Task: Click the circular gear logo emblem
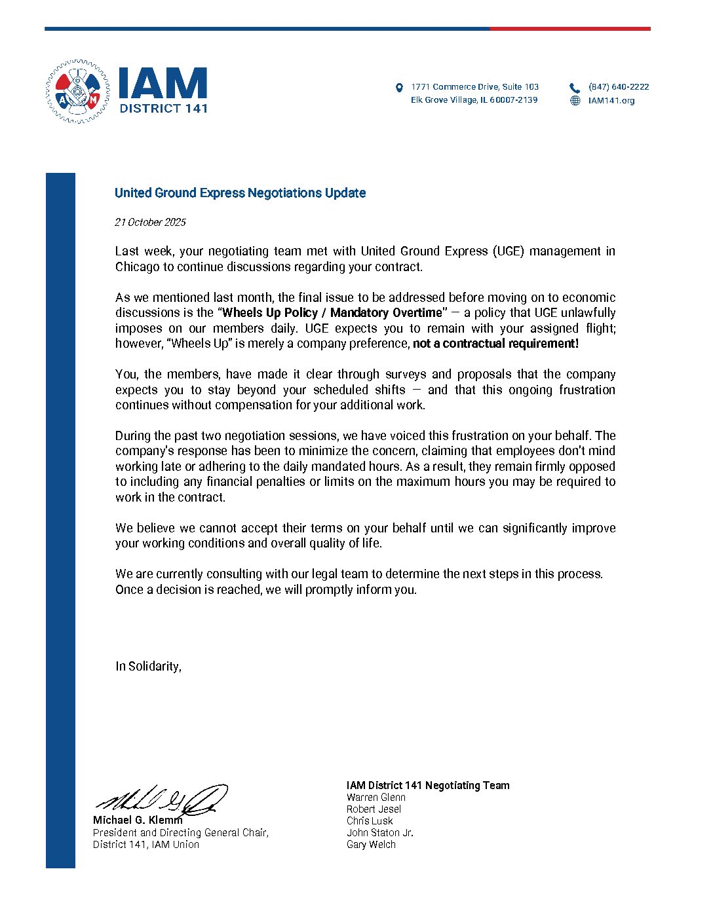point(77,92)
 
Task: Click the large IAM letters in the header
point(163,84)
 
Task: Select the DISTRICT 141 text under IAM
point(163,109)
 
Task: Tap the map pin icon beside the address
point(399,88)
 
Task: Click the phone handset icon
point(575,88)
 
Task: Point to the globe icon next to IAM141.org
point(575,101)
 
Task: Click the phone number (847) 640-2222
point(619,87)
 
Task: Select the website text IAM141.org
point(611,101)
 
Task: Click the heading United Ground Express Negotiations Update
point(240,193)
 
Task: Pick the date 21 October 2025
point(150,223)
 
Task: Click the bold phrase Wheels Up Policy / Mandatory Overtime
point(332,313)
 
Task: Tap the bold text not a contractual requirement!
point(495,344)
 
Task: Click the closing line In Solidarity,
point(148,667)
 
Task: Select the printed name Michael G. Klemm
point(138,821)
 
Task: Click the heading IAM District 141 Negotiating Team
point(428,786)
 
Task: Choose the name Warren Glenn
point(376,798)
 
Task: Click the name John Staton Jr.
point(380,833)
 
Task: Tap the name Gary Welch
point(371,845)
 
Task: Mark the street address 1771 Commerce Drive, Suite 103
point(474,87)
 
